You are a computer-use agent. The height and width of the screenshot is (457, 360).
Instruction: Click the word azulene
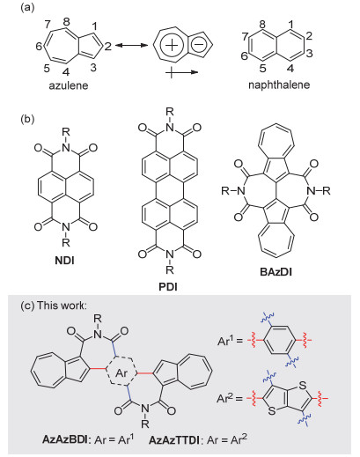tap(69, 85)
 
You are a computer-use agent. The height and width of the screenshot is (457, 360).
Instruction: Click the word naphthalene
tap(279, 85)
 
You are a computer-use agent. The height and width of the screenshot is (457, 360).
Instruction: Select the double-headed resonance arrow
tap(131, 46)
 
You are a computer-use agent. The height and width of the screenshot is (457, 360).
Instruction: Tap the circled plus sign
tap(172, 46)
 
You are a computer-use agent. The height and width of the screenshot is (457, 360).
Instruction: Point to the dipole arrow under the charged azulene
tap(182, 72)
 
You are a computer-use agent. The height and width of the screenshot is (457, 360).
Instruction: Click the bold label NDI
tap(64, 260)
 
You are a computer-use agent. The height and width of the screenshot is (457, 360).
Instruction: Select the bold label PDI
tap(168, 286)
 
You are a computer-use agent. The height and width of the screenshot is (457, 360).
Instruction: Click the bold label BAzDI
tap(276, 272)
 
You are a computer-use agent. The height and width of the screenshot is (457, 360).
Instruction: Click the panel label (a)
tap(27, 8)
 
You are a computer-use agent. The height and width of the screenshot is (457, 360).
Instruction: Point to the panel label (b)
tap(27, 120)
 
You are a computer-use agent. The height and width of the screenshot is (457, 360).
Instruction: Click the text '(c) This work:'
tap(54, 306)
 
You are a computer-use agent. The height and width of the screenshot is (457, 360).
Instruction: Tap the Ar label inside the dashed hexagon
tap(121, 372)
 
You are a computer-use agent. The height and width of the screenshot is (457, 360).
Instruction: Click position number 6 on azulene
tap(39, 47)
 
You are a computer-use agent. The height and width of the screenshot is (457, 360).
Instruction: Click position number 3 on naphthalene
tap(310, 54)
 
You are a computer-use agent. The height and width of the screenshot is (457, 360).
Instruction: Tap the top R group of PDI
tap(169, 112)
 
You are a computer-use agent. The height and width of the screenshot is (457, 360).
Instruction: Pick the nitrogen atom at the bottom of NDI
tap(67, 227)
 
